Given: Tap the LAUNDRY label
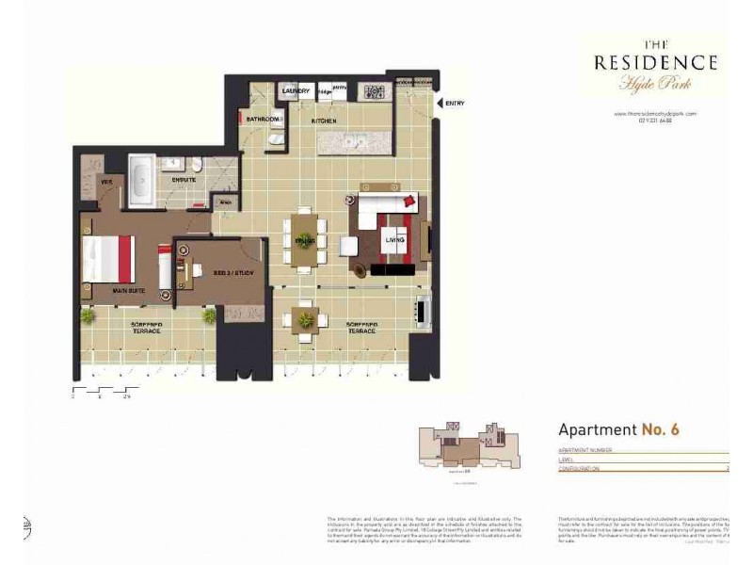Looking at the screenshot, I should coord(296,91).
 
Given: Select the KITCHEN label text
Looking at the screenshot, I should coord(325,121).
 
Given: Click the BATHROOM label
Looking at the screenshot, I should coord(264,120).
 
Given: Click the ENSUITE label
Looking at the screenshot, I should coord(184,178).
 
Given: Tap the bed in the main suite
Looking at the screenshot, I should coord(108,259).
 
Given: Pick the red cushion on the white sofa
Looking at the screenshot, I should coord(409,200).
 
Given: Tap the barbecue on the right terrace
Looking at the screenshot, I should coord(424,308).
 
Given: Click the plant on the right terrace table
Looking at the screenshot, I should coord(306,320).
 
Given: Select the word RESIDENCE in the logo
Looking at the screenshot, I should coord(655,63).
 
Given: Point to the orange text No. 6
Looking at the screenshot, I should coord(661,429).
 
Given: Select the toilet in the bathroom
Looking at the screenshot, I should coord(273,140).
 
